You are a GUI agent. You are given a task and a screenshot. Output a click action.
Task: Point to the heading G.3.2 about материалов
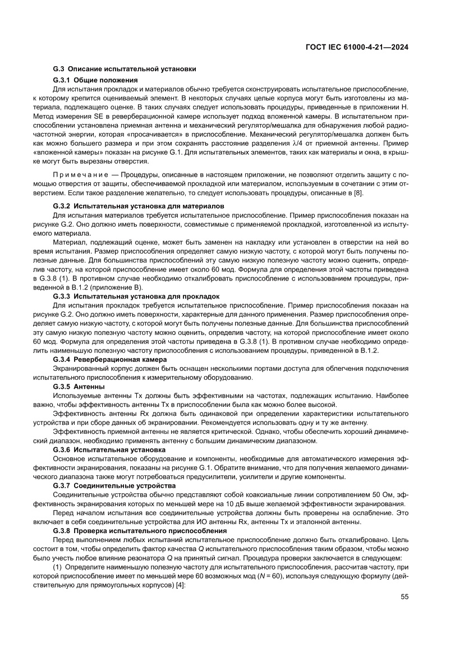(x=139, y=207)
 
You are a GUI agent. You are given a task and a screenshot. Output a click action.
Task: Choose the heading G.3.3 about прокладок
(x=136, y=296)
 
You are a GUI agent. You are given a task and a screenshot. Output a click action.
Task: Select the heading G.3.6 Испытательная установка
(x=109, y=449)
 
